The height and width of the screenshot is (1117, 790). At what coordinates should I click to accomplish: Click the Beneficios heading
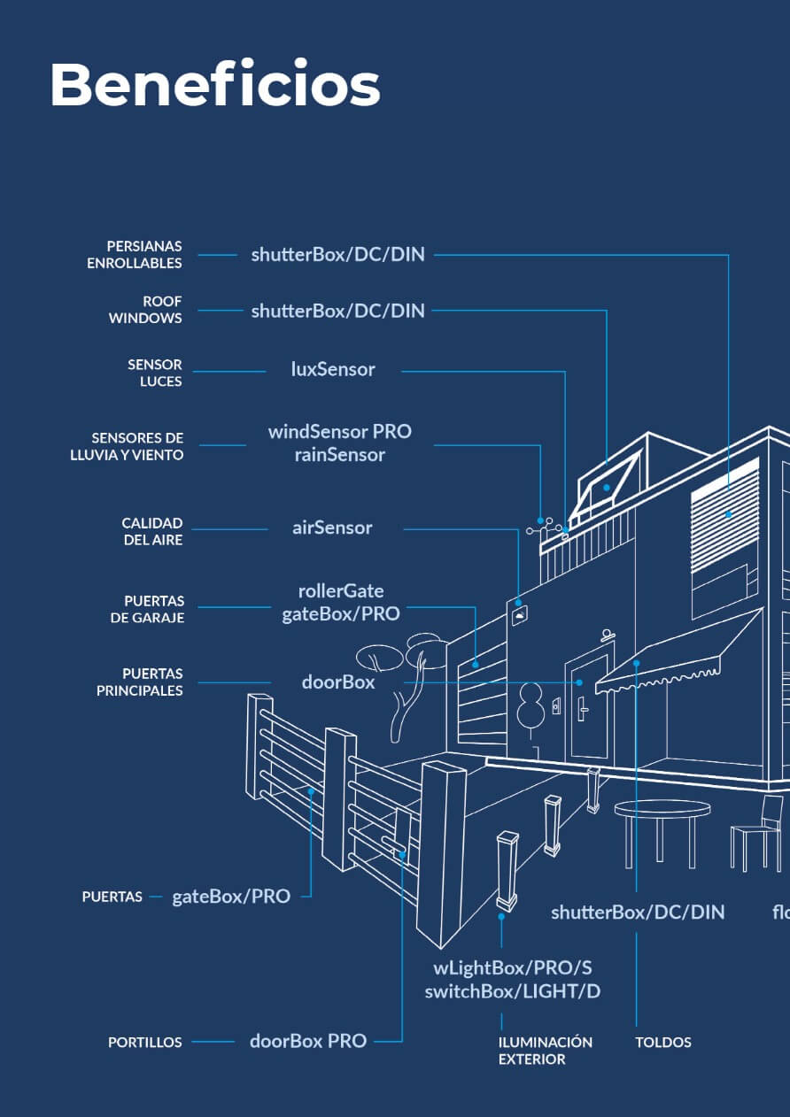pyautogui.click(x=215, y=86)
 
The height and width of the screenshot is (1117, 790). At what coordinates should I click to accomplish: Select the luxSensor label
pyautogui.click(x=333, y=369)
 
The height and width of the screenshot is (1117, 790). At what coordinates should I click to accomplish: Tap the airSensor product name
pyautogui.click(x=332, y=528)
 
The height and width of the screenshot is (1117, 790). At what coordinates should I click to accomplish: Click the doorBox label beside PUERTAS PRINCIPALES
pyautogui.click(x=338, y=682)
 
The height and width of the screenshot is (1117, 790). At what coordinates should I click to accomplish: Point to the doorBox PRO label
pyautogui.click(x=308, y=1041)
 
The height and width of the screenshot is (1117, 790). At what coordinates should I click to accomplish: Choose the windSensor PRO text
pyautogui.click(x=339, y=431)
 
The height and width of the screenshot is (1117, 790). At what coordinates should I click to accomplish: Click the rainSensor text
pyautogui.click(x=339, y=455)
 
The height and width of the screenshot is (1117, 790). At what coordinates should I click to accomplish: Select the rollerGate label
pyautogui.click(x=341, y=590)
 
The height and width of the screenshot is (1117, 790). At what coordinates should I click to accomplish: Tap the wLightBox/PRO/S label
pyautogui.click(x=512, y=967)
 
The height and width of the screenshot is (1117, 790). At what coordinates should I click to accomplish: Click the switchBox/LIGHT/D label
pyautogui.click(x=512, y=991)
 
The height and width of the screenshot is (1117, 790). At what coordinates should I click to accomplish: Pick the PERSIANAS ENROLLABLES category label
pyautogui.click(x=135, y=254)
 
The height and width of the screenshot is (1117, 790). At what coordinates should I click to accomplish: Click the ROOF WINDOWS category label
pyautogui.click(x=146, y=310)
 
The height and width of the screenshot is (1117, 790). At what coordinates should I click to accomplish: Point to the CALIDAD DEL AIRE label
pyautogui.click(x=152, y=531)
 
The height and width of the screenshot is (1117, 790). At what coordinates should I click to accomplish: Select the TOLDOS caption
pyautogui.click(x=663, y=1043)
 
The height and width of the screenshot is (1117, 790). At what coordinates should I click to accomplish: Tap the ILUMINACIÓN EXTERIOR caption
pyautogui.click(x=545, y=1051)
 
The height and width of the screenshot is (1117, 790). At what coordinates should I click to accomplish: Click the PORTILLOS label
pyautogui.click(x=145, y=1043)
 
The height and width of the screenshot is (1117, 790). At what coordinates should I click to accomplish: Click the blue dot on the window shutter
pyautogui.click(x=728, y=514)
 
